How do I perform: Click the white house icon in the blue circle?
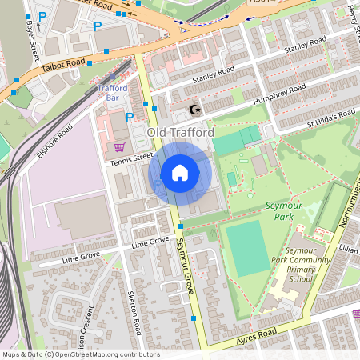click(180, 173)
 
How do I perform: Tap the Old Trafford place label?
click(180, 131)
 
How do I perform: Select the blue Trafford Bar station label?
click(112, 93)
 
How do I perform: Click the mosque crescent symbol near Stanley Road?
click(192, 110)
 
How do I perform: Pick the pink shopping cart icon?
click(120, 146)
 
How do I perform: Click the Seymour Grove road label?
click(185, 268)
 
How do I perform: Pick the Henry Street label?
click(354, 14)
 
